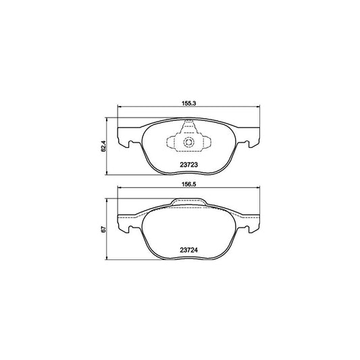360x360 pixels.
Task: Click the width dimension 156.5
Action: pos(188,182)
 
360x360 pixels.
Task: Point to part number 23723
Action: pos(188,162)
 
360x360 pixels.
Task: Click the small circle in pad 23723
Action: pos(189,143)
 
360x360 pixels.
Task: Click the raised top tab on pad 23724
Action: pos(188,201)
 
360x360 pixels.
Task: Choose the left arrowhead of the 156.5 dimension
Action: pos(120,188)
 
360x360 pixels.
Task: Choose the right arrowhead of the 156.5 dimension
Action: pos(257,188)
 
